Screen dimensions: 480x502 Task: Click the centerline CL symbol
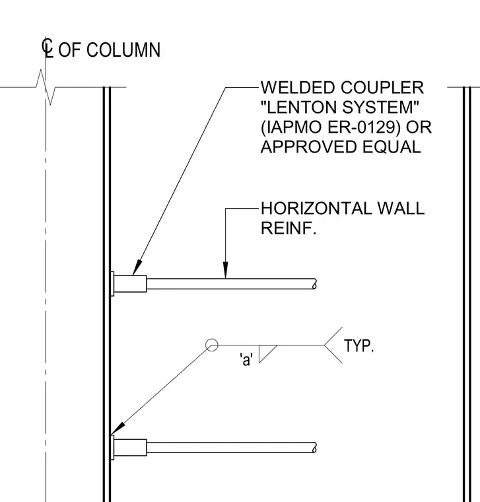pos(48,48)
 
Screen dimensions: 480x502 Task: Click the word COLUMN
pos(123,50)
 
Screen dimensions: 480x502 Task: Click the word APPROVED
pos(309,147)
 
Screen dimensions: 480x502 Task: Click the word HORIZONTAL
pos(315,209)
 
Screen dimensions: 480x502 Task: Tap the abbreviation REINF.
pos(289,228)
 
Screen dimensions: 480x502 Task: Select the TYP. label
pos(359,345)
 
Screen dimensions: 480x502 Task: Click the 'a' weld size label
pos(246,359)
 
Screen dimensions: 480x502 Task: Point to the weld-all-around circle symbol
pos(211,345)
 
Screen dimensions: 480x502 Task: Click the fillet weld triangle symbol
pos(265,352)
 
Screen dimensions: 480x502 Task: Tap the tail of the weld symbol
pos(333,345)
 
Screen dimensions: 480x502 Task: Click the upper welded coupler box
pos(130,283)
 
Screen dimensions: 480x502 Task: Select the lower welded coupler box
pos(130,448)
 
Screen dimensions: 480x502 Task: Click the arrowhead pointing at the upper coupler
pos(137,267)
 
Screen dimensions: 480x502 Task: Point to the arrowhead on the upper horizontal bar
pos(226,270)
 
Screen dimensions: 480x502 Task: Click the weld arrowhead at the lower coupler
pos(118,429)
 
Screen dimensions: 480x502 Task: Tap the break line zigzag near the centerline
pos(46,87)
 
